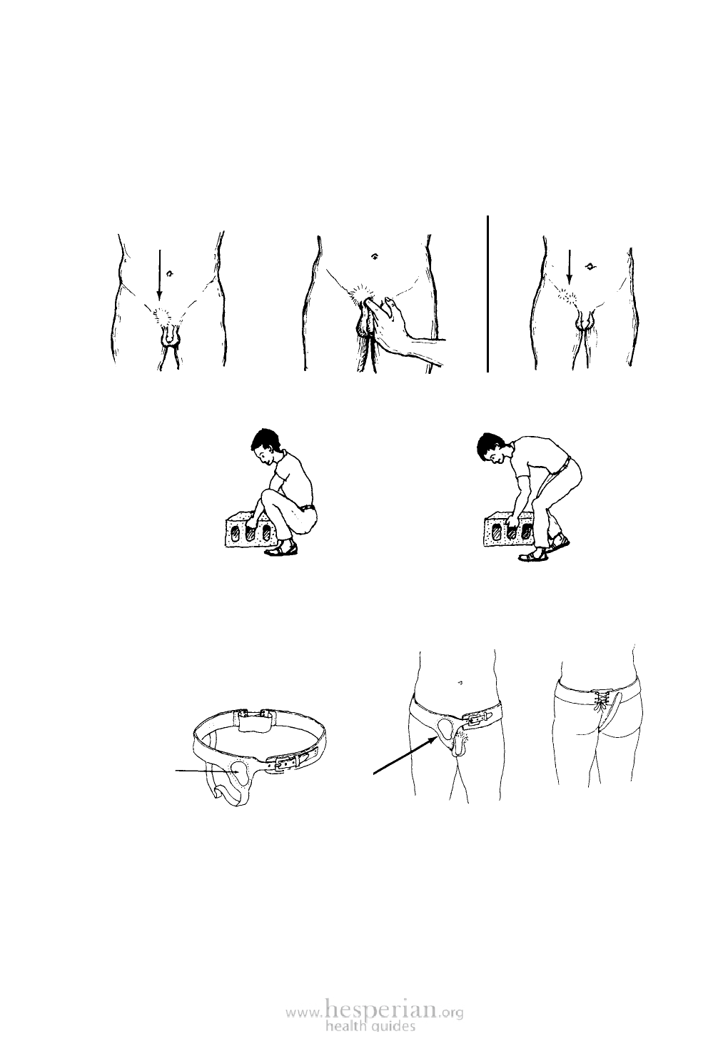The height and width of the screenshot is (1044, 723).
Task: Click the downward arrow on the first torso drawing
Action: [x=159, y=275]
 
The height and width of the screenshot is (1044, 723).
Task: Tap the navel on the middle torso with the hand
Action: [x=374, y=256]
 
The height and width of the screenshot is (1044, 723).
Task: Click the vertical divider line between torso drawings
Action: [x=488, y=293]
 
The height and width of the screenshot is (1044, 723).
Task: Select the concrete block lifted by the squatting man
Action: [x=252, y=529]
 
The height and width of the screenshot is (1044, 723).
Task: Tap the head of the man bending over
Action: [x=492, y=449]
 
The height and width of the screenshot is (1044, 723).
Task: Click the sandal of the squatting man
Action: [x=281, y=550]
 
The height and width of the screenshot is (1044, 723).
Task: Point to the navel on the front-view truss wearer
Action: [x=461, y=682]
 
